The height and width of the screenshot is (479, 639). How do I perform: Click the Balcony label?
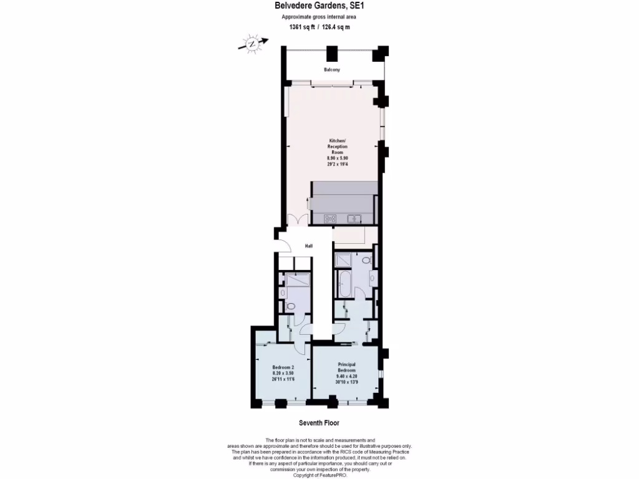(331, 69)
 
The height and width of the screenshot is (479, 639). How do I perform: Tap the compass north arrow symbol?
(252, 44)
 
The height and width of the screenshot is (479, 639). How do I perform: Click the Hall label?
(308, 246)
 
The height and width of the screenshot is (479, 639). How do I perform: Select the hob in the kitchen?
(330, 218)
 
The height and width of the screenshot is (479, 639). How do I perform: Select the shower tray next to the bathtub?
(343, 260)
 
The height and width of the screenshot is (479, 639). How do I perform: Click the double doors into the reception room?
(296, 220)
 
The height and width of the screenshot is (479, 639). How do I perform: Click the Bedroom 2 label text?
(283, 367)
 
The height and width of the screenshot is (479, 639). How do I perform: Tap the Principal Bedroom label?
(346, 367)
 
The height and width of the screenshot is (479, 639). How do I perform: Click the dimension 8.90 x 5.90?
(337, 158)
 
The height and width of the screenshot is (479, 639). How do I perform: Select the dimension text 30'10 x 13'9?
(346, 382)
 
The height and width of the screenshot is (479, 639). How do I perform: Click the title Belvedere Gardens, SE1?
(319, 7)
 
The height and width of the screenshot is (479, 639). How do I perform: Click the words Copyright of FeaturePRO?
(319, 475)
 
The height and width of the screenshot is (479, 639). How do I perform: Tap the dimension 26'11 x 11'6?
(283, 379)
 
